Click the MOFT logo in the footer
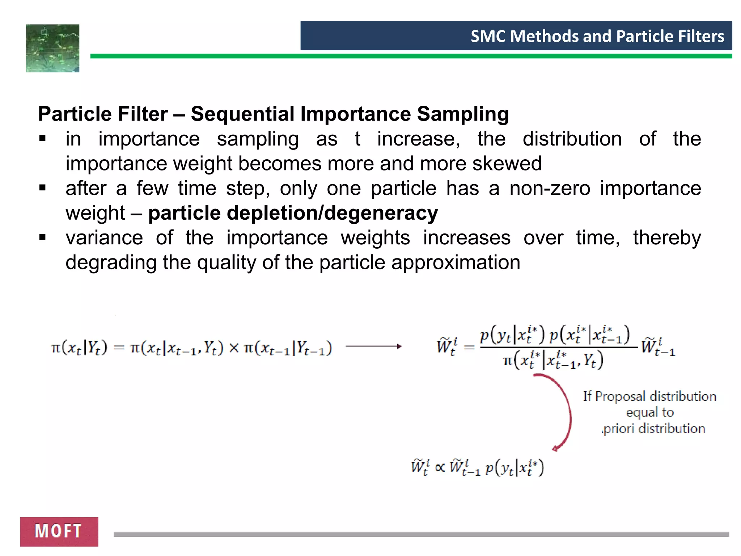point(59,531)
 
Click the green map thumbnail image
point(52,48)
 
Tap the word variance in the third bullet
point(104,238)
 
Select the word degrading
point(111,262)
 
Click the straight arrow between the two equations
point(373,346)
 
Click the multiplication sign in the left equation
point(234,348)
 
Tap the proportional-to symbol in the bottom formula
point(440,467)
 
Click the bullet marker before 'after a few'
point(43,188)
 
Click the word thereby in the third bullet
point(667,238)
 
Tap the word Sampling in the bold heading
point(463,114)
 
